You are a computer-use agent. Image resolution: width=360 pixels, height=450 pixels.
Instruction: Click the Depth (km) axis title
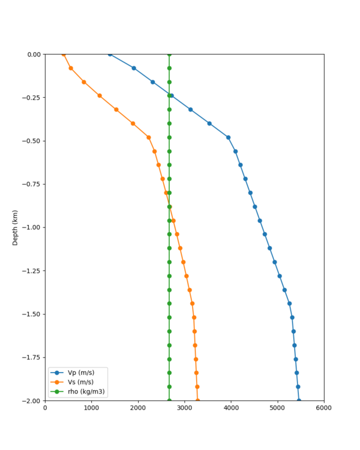15,227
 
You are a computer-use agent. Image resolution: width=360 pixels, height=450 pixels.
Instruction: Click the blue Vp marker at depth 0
110,55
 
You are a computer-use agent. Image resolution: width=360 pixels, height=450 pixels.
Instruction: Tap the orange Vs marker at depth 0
64,55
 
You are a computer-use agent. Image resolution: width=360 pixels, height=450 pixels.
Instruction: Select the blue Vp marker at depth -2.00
299,400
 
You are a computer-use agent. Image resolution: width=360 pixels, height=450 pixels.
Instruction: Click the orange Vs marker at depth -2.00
197,400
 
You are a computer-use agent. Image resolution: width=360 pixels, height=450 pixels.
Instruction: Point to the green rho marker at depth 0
169,55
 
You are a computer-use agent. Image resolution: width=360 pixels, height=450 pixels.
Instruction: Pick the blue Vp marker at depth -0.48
228,137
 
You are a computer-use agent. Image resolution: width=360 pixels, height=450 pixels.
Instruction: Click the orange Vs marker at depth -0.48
149,137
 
